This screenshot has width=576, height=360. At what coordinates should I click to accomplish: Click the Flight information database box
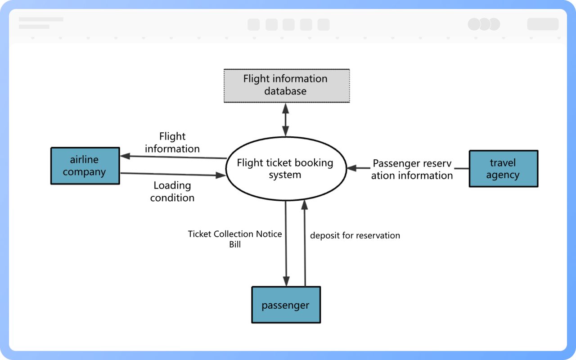pos(287,85)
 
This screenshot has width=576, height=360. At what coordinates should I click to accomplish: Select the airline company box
pos(85,166)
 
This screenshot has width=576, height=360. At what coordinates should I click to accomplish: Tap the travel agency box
pos(503,169)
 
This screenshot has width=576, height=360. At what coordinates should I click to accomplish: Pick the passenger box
pos(286,305)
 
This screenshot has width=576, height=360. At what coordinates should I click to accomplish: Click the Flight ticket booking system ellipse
pos(285,169)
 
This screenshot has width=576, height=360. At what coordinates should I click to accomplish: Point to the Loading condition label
pos(172,192)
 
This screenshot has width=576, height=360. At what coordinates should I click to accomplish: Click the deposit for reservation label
pos(355,235)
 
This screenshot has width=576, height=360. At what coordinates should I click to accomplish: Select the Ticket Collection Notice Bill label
pos(235,239)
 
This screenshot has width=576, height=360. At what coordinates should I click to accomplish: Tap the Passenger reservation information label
pos(412,170)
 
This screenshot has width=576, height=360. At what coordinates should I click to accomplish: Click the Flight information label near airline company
pos(172,142)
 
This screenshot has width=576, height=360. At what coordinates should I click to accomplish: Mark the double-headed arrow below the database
pos(285,119)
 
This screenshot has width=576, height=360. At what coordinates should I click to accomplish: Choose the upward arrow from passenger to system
pos(305,243)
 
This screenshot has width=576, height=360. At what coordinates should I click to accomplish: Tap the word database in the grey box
pos(285,91)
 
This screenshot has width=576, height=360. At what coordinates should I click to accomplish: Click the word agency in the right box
pos(503,175)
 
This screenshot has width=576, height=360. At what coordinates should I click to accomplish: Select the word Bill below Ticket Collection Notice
pos(235,245)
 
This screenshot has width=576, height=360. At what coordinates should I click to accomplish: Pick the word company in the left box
pos(85,172)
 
